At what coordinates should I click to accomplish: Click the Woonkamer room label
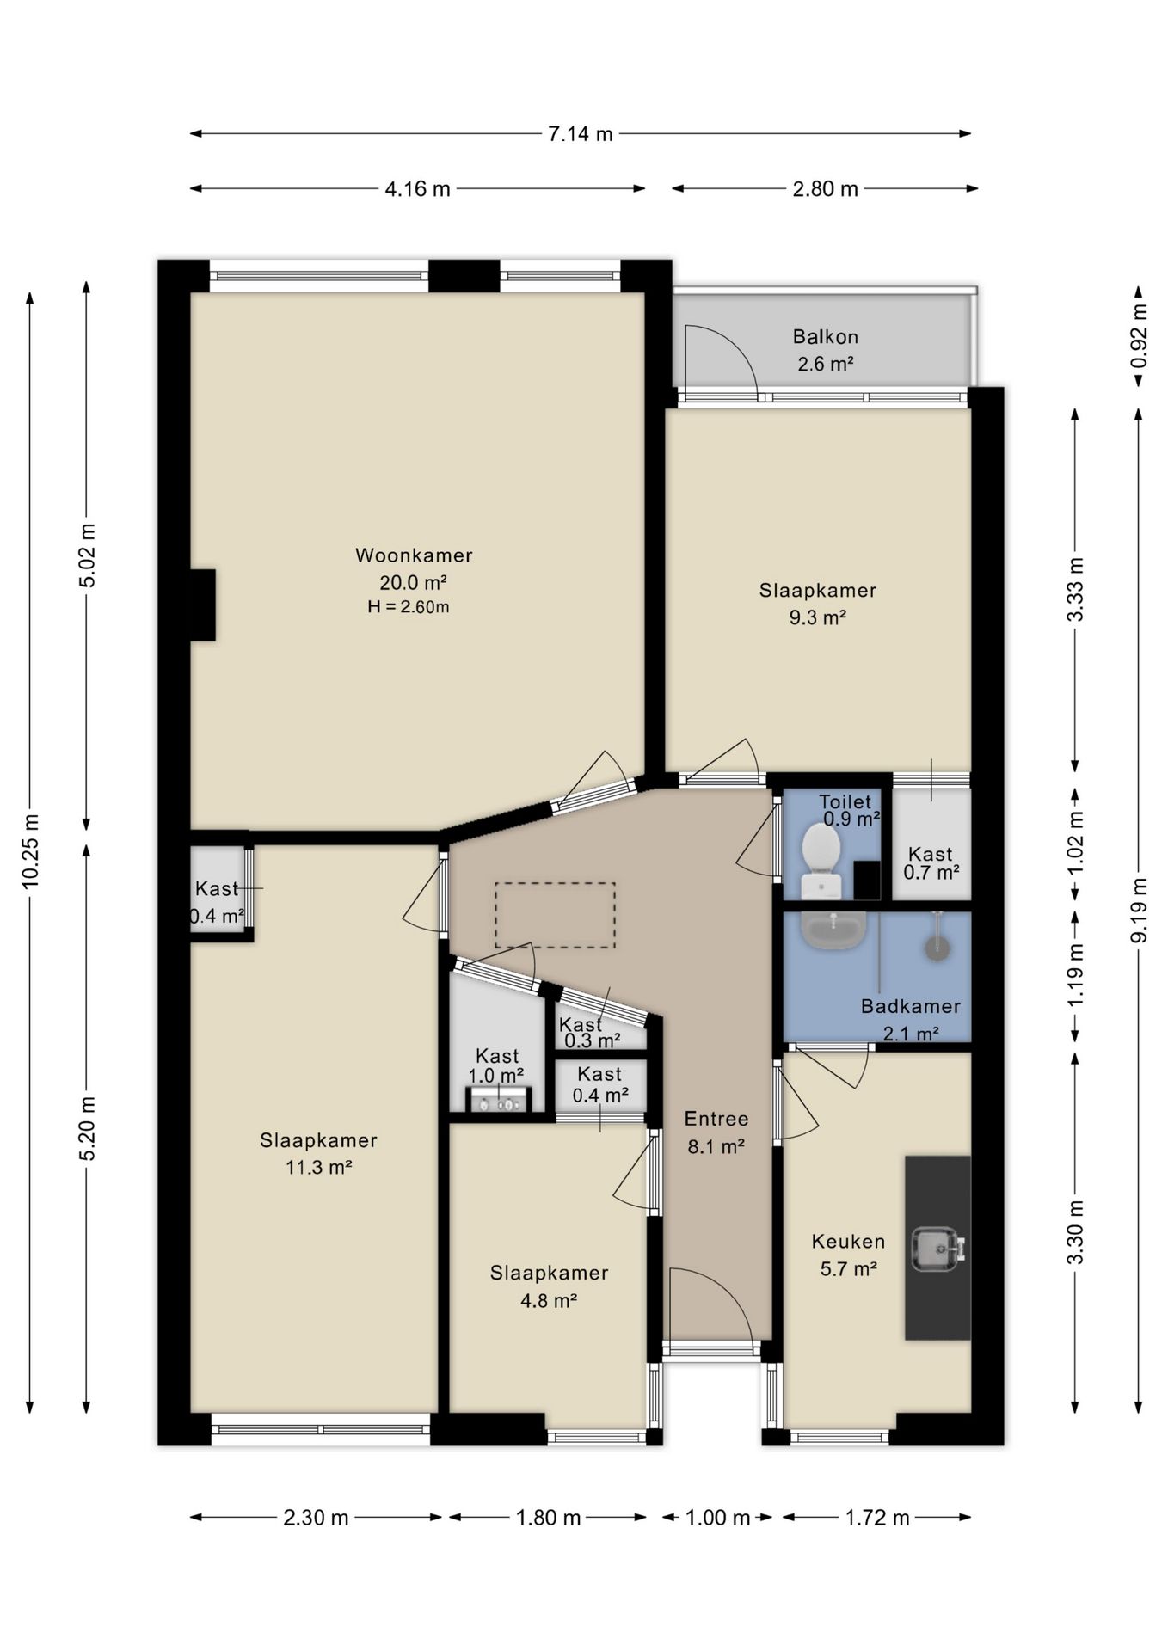(414, 555)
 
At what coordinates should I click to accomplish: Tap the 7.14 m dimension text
(581, 134)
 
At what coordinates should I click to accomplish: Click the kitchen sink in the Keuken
(937, 1249)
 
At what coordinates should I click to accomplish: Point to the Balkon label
(826, 337)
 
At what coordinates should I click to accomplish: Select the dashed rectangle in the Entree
(555, 916)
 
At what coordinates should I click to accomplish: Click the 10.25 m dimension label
(31, 850)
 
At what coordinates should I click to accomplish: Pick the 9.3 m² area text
(818, 617)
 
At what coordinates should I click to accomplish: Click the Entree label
(716, 1119)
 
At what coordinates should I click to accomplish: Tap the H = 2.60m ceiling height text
(409, 607)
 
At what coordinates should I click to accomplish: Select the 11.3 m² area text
(319, 1168)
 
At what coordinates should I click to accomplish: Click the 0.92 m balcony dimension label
(1138, 336)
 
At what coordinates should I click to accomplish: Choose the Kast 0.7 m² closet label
(931, 863)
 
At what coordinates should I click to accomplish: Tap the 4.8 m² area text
(549, 1300)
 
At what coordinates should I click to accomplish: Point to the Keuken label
(849, 1242)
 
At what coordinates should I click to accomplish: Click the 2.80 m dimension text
(826, 189)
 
